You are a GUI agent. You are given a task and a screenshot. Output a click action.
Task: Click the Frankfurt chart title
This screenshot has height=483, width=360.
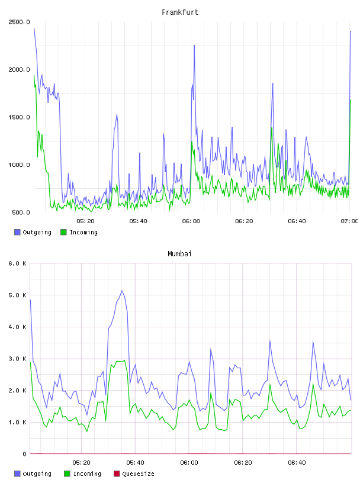click(180, 12)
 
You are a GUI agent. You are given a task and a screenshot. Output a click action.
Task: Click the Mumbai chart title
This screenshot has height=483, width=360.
click(179, 254)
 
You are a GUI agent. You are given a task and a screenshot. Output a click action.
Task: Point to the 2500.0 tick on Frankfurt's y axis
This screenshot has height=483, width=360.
click(20, 22)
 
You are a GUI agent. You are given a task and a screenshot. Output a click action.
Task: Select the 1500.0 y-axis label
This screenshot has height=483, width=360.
click(20, 117)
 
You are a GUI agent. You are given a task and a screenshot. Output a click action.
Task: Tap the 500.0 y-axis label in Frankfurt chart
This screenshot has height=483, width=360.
click(21, 212)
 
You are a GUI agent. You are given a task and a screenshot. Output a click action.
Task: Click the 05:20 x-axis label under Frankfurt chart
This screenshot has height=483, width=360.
click(85, 221)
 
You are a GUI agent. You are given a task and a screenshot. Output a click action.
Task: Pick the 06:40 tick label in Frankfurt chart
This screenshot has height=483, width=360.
click(297, 221)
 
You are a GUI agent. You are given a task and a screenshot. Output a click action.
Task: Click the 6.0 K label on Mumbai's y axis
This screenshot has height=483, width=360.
click(18, 263)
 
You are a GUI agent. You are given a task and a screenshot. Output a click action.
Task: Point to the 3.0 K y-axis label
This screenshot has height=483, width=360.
click(18, 359)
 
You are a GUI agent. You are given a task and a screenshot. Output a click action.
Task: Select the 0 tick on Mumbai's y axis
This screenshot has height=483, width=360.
click(25, 454)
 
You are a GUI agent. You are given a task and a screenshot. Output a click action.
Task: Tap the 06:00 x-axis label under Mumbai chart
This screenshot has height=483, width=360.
click(189, 463)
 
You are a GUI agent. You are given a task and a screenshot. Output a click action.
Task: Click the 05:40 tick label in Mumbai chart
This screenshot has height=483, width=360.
click(135, 463)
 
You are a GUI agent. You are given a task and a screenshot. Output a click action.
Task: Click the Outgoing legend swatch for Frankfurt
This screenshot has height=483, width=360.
click(17, 232)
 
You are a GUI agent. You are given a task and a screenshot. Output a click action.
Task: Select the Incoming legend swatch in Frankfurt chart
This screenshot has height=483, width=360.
click(63, 232)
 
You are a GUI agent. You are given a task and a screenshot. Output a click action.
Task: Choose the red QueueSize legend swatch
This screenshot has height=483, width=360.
click(117, 474)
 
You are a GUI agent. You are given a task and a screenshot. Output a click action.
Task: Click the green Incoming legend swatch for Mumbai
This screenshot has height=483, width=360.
click(67, 474)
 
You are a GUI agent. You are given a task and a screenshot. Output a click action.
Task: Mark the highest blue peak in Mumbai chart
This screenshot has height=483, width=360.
click(122, 291)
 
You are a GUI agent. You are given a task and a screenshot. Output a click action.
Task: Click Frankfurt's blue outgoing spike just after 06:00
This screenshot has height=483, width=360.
click(194, 45)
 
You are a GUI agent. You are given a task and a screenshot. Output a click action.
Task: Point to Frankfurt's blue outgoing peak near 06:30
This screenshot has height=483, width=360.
click(273, 83)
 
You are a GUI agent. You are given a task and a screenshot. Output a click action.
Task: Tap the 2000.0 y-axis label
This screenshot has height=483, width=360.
click(20, 70)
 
